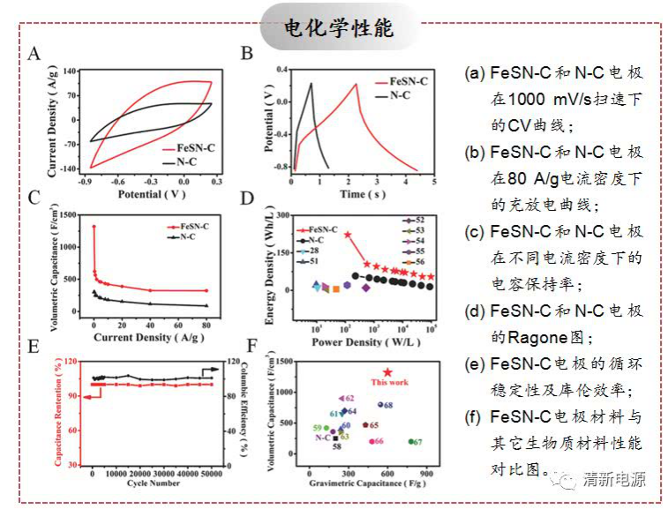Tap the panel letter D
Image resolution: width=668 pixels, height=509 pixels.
247,201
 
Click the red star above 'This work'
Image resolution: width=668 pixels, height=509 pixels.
387,373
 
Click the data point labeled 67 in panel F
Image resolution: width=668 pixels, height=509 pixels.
411,442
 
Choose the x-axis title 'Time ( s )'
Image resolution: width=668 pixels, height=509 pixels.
362,193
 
